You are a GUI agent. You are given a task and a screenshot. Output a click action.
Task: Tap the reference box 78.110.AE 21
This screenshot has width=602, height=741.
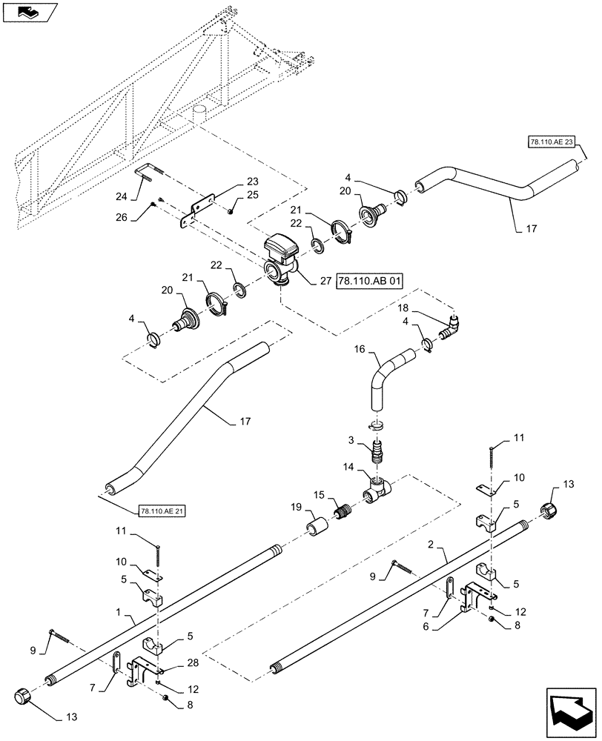162,511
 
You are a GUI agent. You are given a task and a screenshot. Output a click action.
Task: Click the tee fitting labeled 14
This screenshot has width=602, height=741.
378,488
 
